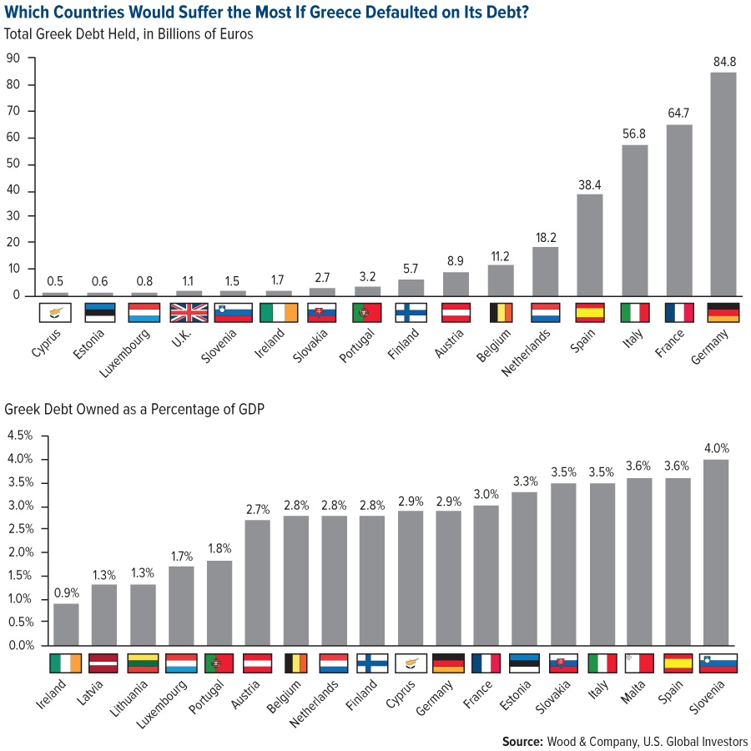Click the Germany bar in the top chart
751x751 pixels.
723,184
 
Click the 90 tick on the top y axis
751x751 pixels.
13,58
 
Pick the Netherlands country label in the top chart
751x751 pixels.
524,351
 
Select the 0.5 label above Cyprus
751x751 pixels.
55,280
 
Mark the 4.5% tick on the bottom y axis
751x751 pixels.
20,436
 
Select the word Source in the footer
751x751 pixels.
522,741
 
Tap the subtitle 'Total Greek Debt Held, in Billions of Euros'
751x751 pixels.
129,34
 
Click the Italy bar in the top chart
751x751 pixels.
634,220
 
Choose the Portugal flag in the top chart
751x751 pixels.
367,313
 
